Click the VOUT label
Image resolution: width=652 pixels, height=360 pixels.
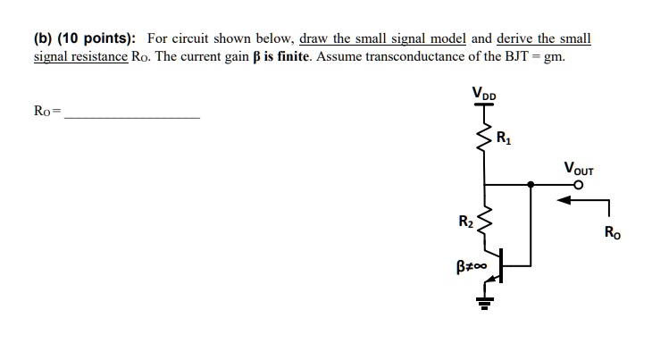pos(579,168)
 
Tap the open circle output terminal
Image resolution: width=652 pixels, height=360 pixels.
pos(579,185)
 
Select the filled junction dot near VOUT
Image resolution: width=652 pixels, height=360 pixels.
pos(531,185)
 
